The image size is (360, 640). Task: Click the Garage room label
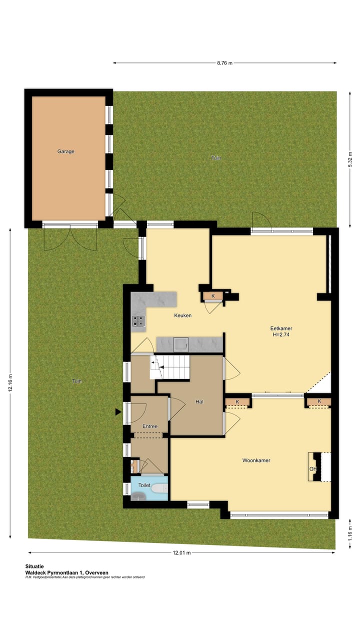65,151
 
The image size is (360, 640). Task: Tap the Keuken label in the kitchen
182,315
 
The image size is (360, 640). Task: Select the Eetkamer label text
281,328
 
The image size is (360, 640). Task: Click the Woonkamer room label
256,460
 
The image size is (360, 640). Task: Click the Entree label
150,426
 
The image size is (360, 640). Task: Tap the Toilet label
144,485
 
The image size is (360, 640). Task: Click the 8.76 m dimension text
224,63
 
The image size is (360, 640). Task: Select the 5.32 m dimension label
350,159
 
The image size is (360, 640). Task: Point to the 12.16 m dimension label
10,384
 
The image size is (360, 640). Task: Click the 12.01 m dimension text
181,553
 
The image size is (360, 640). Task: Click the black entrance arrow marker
118,411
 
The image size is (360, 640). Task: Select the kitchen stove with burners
138,321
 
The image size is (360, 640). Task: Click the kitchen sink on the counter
180,344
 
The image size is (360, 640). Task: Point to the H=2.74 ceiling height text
281,335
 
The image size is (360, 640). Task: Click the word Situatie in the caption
34,566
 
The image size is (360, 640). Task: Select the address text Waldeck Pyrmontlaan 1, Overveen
66,572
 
